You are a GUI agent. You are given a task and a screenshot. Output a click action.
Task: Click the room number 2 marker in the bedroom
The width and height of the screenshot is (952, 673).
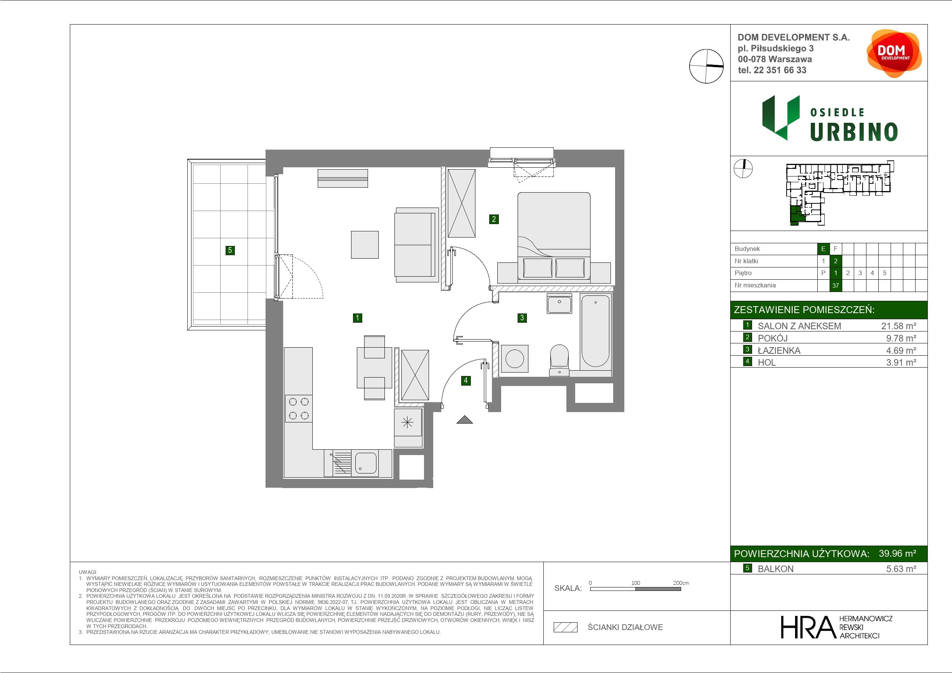tap(493, 219)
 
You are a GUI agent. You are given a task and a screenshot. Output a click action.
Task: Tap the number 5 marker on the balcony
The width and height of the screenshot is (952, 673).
tap(230, 250)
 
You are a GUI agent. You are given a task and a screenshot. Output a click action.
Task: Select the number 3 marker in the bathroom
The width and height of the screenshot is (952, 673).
tap(521, 318)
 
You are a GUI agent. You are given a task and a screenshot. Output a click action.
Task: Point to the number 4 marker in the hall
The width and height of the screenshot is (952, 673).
tap(465, 380)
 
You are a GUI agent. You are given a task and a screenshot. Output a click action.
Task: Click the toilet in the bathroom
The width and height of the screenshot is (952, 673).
tap(559, 360)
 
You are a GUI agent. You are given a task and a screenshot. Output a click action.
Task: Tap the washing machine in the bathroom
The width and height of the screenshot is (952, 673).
tap(515, 358)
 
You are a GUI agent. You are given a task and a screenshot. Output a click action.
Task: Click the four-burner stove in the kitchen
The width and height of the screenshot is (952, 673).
tap(299, 409)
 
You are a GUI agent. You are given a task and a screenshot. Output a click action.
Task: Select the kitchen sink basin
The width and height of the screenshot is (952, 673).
tap(366, 463)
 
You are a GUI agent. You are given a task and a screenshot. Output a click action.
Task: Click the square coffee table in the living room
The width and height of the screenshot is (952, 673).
tap(365, 245)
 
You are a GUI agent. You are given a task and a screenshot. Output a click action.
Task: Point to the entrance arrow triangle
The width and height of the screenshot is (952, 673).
tap(465, 420)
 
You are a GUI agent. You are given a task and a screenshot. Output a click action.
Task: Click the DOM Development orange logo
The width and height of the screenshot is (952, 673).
tap(894, 53)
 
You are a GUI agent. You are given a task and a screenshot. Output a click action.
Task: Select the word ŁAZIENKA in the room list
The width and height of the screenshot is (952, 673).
tap(779, 350)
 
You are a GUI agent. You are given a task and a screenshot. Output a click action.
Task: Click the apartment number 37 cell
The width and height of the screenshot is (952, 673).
tap(835, 285)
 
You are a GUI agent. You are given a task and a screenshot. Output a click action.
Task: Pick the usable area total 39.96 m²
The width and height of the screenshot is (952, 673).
tap(897, 554)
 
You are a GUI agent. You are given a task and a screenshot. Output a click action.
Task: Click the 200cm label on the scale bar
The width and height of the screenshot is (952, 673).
tap(681, 582)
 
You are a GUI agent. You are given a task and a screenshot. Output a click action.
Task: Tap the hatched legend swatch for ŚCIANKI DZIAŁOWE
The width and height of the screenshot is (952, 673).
tap(566, 627)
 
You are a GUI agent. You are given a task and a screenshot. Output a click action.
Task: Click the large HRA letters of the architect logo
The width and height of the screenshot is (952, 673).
tap(808, 627)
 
